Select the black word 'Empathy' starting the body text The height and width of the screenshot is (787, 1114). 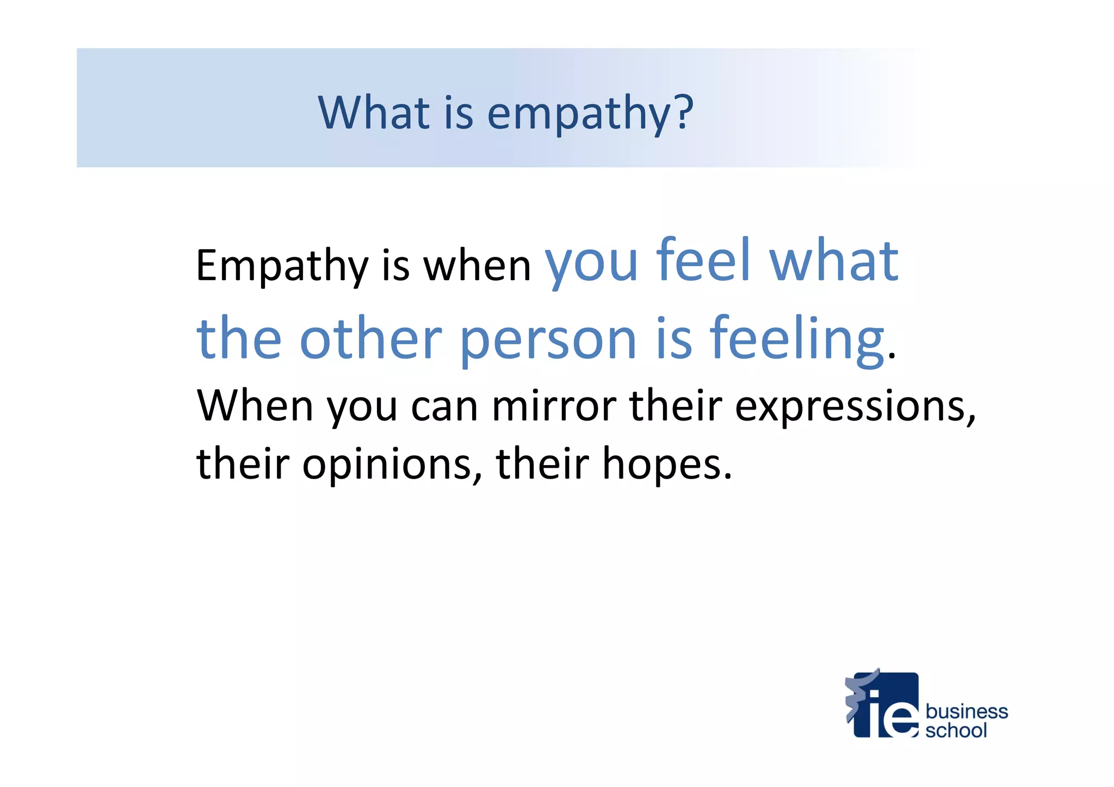coord(282,265)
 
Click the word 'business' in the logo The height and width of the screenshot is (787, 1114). coord(967,711)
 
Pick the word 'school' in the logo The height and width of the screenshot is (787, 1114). coord(956,730)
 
